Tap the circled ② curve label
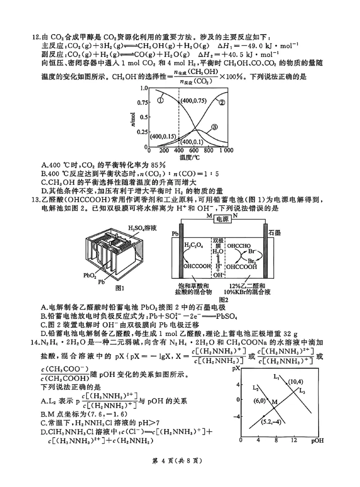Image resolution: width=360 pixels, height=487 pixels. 221,102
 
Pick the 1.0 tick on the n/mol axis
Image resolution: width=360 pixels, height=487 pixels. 144,88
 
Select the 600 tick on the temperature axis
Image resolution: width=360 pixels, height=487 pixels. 194,151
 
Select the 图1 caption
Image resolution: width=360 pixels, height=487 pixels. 120,288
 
